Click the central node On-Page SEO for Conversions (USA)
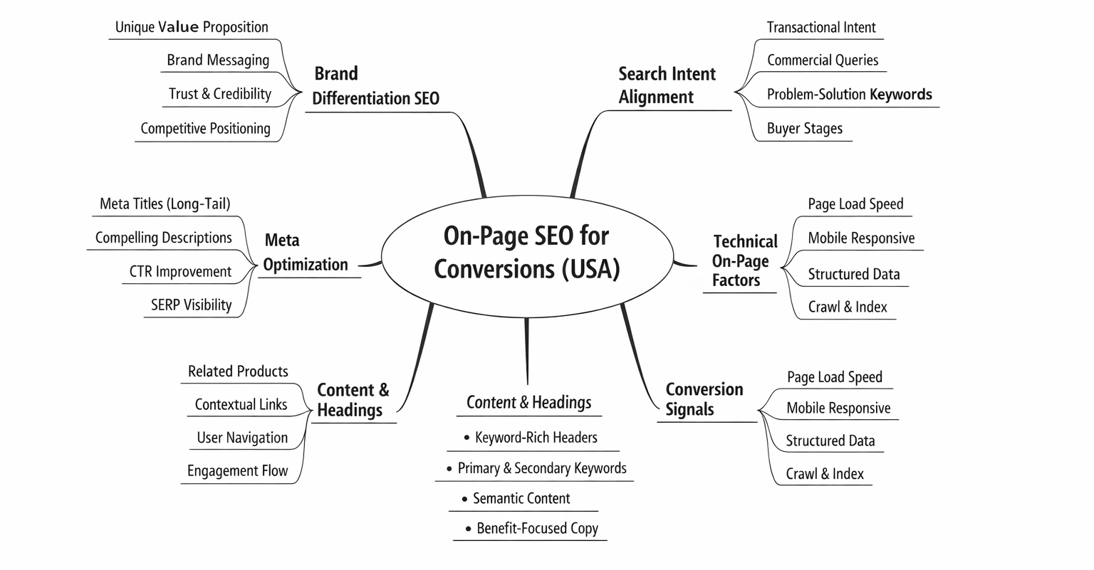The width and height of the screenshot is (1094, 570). tap(527, 253)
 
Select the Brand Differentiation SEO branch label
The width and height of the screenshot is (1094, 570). tap(375, 86)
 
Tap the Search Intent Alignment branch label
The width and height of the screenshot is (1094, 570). tap(667, 85)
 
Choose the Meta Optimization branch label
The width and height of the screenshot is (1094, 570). tap(306, 253)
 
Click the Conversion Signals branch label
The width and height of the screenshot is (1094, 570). tap(704, 399)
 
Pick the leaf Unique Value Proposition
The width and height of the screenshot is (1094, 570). tap(192, 27)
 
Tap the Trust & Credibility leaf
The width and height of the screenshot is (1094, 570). tap(220, 94)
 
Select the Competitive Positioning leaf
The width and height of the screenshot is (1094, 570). tap(205, 129)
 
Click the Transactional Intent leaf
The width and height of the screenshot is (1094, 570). tap(821, 27)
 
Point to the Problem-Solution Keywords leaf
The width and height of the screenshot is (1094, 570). tap(849, 94)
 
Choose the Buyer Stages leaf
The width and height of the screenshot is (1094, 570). tap(804, 129)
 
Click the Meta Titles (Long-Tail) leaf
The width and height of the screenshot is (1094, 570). tap(165, 204)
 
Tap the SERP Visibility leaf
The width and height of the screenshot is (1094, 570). tap(191, 305)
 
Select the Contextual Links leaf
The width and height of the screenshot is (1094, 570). tap(241, 405)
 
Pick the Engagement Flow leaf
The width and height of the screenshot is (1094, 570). tap(237, 471)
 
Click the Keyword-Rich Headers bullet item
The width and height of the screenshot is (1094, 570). tap(536, 438)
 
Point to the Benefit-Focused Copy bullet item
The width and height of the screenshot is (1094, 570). tap(537, 529)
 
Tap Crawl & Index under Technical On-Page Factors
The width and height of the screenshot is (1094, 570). tap(848, 307)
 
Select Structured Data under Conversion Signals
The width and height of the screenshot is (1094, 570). tap(830, 441)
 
